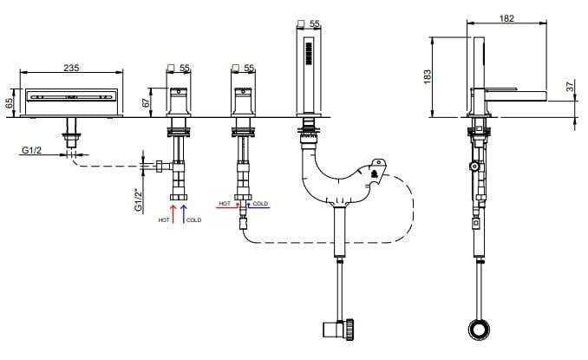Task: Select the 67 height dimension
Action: pyautogui.click(x=147, y=101)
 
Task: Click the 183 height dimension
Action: pyautogui.click(x=426, y=76)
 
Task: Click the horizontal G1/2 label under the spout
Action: pyautogui.click(x=32, y=149)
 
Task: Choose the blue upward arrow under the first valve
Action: pyautogui.click(x=184, y=211)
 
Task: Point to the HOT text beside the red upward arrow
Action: pyautogui.click(x=163, y=220)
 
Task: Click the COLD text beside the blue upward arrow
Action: pyautogui.click(x=194, y=220)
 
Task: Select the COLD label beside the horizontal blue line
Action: pyautogui.click(x=260, y=203)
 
